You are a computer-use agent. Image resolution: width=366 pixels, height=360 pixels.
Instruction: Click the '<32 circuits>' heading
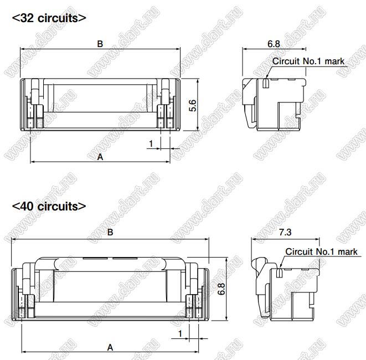tap(49, 18)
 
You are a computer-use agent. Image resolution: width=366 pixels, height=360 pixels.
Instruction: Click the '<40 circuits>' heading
tap(49, 207)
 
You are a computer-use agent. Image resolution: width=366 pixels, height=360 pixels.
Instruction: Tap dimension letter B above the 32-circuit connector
tap(100, 44)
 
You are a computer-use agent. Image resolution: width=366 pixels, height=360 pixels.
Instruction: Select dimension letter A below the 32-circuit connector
tap(100, 157)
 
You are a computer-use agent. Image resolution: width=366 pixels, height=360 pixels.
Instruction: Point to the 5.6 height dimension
tap(193, 105)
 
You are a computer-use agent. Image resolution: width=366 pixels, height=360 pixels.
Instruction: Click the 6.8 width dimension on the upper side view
tap(274, 44)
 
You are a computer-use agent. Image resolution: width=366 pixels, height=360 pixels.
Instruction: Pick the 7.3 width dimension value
tap(285, 232)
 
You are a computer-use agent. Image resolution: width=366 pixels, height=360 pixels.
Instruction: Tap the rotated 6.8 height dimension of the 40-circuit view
tap(221, 289)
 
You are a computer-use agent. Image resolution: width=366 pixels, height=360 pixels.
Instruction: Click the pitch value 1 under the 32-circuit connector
tap(151, 143)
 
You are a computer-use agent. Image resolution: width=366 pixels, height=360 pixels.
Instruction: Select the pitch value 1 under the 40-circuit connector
tap(180, 333)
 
